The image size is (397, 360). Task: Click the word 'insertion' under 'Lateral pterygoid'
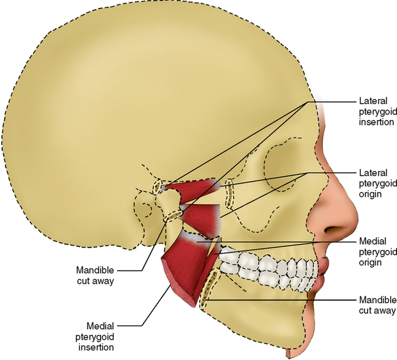click(x=373, y=122)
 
